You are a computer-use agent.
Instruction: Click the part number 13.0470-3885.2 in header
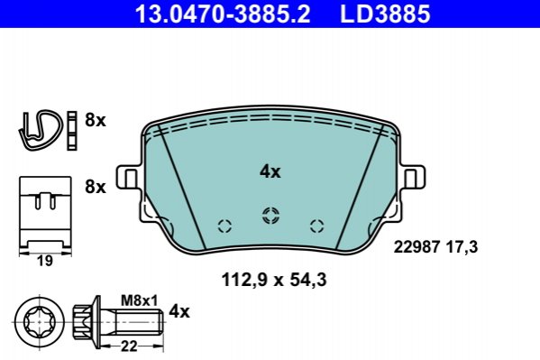click(x=223, y=14)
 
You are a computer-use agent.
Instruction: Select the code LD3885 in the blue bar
click(x=385, y=14)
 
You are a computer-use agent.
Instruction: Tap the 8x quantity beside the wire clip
click(x=96, y=120)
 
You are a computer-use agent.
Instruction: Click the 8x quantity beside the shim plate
click(x=96, y=188)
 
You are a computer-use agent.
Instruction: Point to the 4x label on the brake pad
click(x=270, y=171)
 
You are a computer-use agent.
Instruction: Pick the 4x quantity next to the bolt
click(x=179, y=312)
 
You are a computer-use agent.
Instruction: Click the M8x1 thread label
click(x=139, y=300)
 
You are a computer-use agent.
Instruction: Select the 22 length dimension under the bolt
click(x=129, y=346)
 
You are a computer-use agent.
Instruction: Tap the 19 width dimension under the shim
click(x=45, y=261)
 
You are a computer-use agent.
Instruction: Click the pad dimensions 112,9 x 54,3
click(x=274, y=280)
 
